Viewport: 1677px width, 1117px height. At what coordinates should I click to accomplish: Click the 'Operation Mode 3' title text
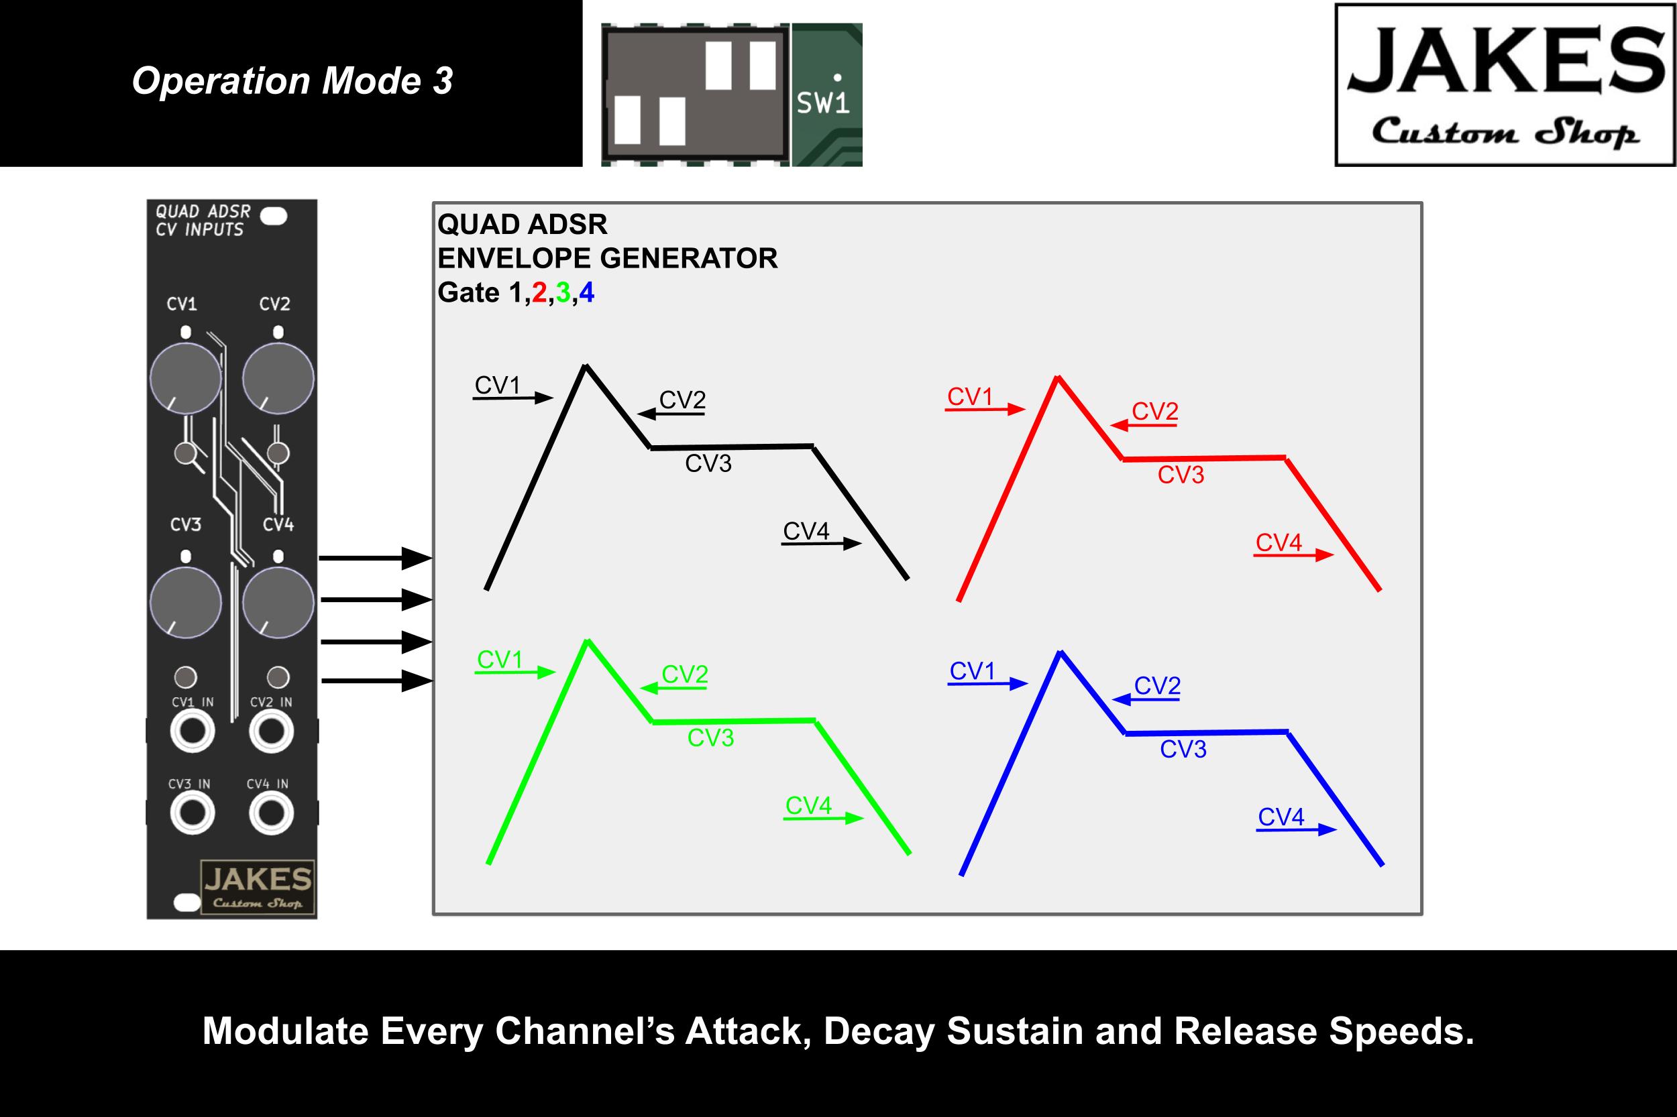[x=292, y=81]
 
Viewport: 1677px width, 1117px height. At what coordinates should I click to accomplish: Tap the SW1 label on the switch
[x=822, y=104]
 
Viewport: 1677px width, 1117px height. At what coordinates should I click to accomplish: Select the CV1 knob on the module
[x=185, y=378]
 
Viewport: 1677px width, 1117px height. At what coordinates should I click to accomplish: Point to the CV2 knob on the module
[x=278, y=378]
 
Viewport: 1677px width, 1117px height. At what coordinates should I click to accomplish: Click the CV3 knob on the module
[x=185, y=603]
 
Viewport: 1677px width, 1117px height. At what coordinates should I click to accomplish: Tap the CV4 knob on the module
[x=278, y=603]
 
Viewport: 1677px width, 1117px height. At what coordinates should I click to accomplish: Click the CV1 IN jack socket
[x=193, y=731]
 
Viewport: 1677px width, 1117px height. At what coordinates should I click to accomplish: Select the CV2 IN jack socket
[x=271, y=731]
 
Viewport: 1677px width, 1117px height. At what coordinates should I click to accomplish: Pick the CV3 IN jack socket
[x=193, y=813]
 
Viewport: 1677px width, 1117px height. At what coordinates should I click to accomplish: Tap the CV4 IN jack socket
[x=271, y=813]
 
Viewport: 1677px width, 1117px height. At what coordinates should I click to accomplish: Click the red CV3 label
[x=1180, y=475]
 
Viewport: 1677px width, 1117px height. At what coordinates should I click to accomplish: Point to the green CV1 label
[x=500, y=660]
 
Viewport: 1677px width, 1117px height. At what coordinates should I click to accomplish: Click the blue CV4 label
[x=1281, y=817]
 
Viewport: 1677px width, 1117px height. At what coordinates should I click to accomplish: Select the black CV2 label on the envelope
[x=682, y=400]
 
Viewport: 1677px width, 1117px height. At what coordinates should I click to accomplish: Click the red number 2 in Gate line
[x=539, y=293]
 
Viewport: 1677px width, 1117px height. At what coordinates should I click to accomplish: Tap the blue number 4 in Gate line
[x=586, y=293]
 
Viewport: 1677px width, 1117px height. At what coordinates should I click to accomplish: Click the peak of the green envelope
[x=587, y=642]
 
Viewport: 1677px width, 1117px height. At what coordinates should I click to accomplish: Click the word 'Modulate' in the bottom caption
[x=284, y=1031]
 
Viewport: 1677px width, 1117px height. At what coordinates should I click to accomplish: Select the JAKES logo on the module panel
[x=258, y=888]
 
